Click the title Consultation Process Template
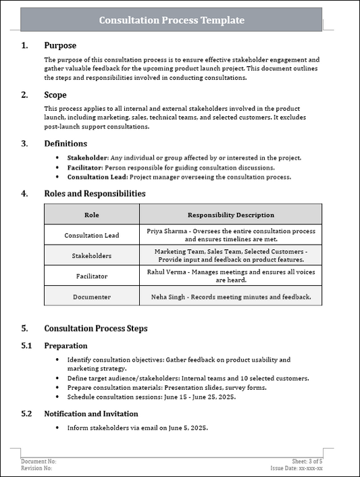(172, 20)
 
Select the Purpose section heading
(60, 45)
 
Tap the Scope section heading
(55, 95)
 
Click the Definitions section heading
(66, 143)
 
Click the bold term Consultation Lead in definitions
(94, 177)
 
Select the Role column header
(91, 215)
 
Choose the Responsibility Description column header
(230, 215)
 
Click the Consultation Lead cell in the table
(91, 235)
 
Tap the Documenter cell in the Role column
(91, 297)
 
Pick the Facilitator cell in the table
(91, 276)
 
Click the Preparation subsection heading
(66, 345)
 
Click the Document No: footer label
(38, 461)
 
